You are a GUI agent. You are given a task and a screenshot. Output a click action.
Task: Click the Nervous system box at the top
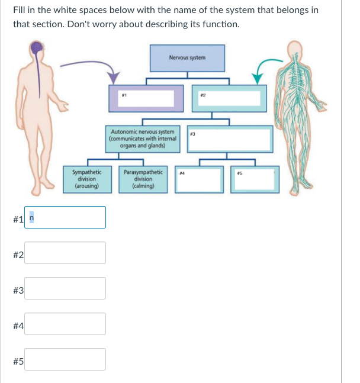[188, 58]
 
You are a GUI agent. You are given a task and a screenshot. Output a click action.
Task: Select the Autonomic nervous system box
[142, 139]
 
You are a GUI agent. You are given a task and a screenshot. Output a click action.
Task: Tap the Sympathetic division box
[86, 179]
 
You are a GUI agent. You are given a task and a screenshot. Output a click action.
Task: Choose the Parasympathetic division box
[143, 179]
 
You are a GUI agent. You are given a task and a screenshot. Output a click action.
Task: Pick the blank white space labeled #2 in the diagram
[226, 99]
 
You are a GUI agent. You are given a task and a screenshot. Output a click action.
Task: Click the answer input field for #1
[65, 217]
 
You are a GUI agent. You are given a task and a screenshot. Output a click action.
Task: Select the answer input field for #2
[65, 253]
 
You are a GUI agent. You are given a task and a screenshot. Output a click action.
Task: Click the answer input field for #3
[65, 288]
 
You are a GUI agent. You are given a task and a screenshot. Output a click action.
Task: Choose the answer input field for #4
[65, 324]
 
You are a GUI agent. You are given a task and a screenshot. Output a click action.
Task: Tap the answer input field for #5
[65, 359]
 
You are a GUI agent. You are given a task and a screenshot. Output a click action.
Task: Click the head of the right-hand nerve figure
[294, 49]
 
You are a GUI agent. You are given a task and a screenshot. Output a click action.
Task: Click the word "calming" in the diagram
[144, 186]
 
